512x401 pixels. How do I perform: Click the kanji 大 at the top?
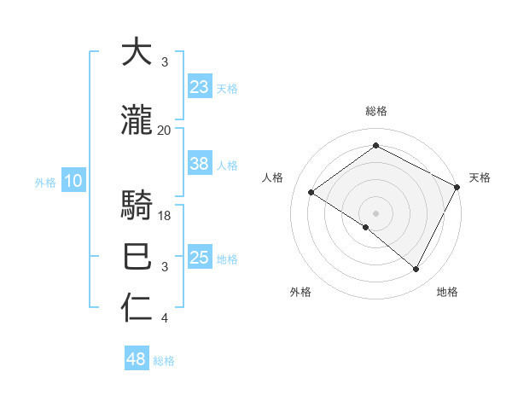click(x=137, y=53)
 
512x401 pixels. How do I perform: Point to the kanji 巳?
click(x=137, y=256)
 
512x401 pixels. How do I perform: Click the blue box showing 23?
click(x=200, y=87)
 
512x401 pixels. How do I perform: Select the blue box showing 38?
click(x=200, y=165)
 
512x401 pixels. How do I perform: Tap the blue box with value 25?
click(x=200, y=259)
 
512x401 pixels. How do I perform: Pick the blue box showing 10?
click(x=73, y=181)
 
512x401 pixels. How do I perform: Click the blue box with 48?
click(x=137, y=359)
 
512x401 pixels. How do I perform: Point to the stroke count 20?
click(x=164, y=131)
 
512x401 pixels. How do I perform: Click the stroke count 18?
click(x=166, y=216)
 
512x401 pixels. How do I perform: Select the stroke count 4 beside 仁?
click(x=165, y=319)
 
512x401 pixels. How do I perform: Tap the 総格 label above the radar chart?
click(x=375, y=112)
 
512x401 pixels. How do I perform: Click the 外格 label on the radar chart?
click(x=300, y=293)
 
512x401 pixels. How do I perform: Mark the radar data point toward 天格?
click(x=457, y=187)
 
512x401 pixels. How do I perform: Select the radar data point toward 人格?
click(x=311, y=193)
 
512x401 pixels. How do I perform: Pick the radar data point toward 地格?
click(x=416, y=270)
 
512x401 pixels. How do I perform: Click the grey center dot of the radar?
click(x=375, y=212)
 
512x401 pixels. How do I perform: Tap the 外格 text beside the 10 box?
click(x=45, y=182)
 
